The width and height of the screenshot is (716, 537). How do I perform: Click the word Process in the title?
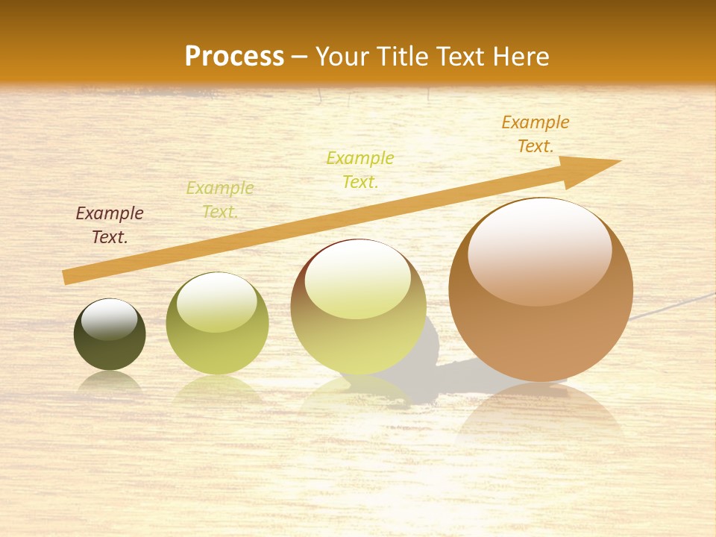point(234,57)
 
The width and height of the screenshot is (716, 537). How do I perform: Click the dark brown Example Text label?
point(110,225)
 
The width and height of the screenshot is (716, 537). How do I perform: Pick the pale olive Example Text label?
point(220,200)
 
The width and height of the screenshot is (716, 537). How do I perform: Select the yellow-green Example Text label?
point(360,169)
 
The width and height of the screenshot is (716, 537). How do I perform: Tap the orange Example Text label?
point(536,134)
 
